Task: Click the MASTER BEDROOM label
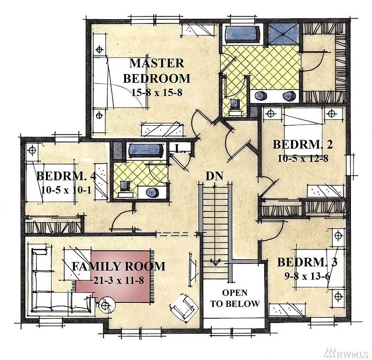click(156, 70)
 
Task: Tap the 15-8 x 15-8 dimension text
click(156, 92)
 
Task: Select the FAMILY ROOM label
click(118, 267)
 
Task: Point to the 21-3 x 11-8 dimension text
click(118, 280)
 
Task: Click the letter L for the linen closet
click(179, 149)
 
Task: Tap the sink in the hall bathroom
click(153, 192)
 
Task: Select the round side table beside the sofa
click(106, 305)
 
